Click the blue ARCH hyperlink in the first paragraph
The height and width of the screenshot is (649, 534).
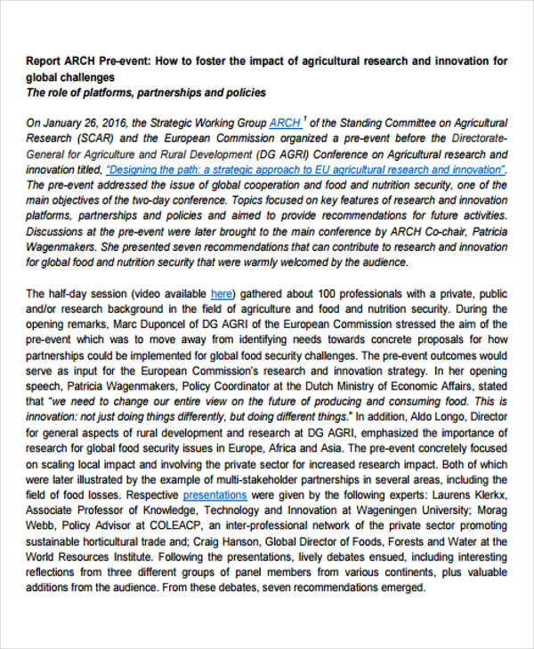pos(284,123)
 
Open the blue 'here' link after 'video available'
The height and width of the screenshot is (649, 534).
pos(222,293)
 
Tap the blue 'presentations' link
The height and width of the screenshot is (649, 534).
pos(214,494)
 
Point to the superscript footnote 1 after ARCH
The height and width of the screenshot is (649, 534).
pos(305,119)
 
